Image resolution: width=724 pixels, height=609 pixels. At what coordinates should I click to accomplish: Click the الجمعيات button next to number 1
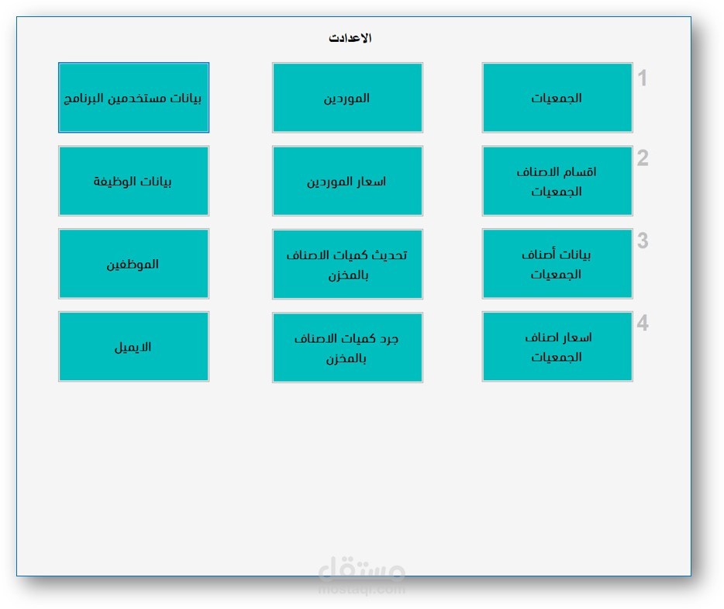[557, 98]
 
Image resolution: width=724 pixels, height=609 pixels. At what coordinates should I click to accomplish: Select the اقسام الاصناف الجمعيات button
[557, 181]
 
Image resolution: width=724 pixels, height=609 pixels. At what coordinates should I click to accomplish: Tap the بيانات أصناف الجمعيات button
[557, 264]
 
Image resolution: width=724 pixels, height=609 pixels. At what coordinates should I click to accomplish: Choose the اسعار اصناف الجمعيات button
[557, 347]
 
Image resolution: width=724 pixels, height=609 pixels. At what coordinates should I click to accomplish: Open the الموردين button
[347, 98]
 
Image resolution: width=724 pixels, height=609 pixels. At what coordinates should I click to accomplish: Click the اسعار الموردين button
[347, 181]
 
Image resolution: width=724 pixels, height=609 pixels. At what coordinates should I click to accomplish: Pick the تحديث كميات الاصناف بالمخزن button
[347, 264]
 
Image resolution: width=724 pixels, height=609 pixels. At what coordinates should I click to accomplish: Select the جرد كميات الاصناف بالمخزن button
[347, 347]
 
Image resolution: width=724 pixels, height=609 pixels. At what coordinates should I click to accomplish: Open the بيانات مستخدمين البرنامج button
[133, 98]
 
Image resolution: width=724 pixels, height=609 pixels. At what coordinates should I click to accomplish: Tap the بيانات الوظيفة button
[133, 181]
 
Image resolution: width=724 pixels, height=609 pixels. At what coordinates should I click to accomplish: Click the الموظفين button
[133, 264]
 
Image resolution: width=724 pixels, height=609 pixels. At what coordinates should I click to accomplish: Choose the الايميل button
[133, 347]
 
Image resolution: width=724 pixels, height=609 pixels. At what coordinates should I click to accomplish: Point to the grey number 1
[643, 78]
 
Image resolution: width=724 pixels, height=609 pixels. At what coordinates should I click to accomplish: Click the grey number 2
[643, 158]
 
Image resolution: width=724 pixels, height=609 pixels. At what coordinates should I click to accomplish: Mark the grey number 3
[643, 241]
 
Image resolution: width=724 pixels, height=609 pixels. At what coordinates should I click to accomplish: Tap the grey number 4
[643, 324]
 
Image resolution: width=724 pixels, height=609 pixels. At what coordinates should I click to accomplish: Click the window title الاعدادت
[350, 38]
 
